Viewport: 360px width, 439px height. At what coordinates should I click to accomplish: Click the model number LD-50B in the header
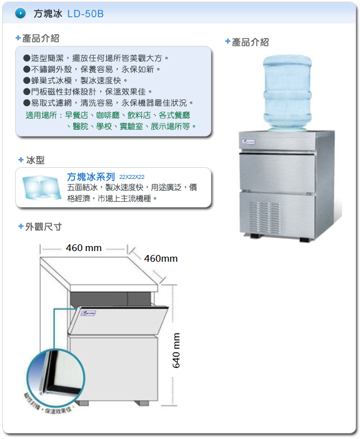[86, 14]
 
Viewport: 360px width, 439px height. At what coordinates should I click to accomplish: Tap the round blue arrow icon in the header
[20, 13]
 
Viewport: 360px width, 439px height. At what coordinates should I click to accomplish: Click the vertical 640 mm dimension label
[177, 350]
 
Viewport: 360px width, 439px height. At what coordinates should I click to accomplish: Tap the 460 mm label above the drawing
[83, 248]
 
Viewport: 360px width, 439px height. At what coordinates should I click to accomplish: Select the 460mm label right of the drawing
[160, 258]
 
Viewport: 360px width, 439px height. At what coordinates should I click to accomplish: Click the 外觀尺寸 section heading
[43, 227]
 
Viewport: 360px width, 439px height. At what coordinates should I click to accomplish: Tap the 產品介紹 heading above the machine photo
[250, 42]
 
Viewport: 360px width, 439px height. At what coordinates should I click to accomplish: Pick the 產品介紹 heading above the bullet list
[40, 39]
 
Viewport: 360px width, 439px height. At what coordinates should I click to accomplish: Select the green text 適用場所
[42, 115]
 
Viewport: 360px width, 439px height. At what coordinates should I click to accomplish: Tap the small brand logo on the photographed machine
[249, 142]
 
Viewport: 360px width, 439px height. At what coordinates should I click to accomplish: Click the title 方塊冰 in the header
[48, 14]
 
